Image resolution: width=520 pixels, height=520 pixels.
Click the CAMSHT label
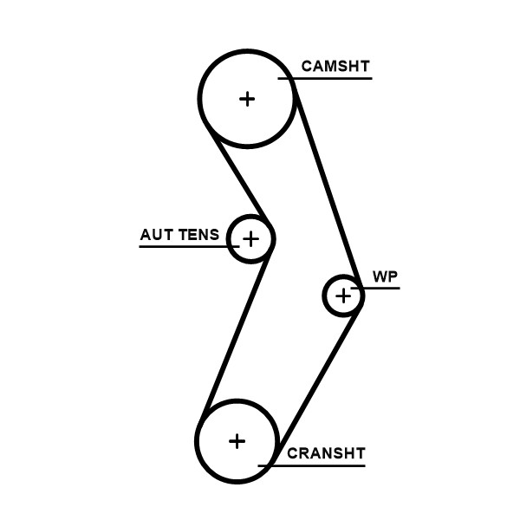(335, 66)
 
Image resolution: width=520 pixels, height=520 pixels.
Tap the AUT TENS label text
(179, 235)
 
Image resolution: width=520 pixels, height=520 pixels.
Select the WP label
(385, 276)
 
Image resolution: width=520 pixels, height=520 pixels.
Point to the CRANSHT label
(326, 453)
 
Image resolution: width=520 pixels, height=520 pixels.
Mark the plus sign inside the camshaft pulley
(248, 98)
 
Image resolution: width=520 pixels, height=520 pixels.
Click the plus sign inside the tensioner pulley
(250, 238)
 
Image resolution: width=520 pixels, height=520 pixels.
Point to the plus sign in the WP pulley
(344, 296)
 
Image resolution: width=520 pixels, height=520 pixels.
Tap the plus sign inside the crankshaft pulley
(237, 440)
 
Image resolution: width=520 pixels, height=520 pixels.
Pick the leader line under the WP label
(381, 288)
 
